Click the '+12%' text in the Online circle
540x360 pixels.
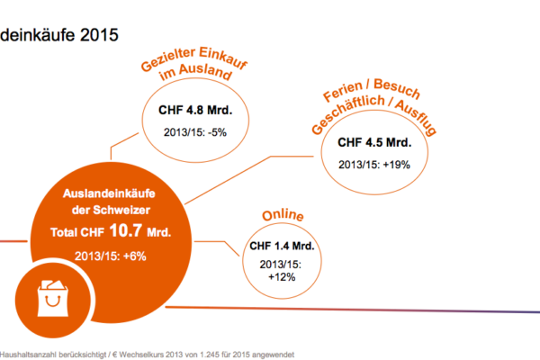[x=283, y=276]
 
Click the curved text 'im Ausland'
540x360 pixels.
[x=196, y=78]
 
